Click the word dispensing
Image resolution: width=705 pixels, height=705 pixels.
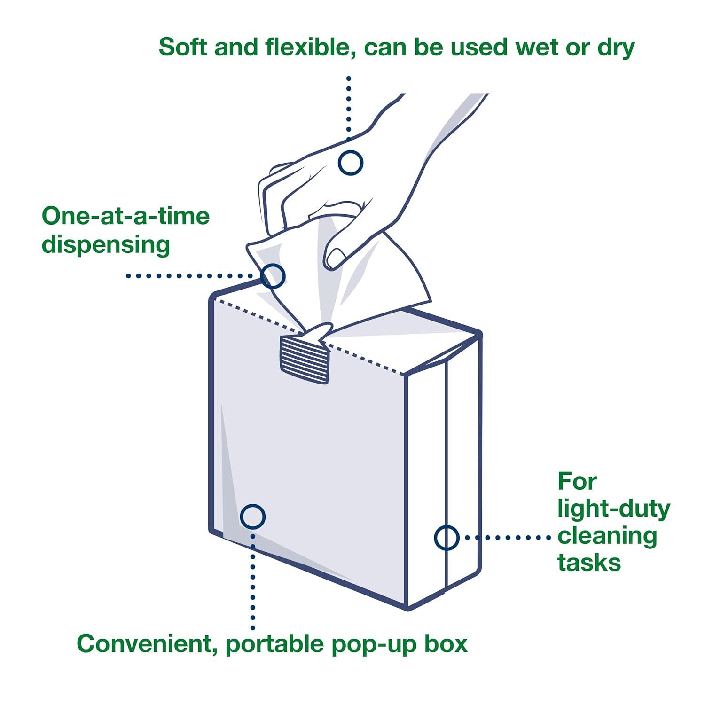coord(106,245)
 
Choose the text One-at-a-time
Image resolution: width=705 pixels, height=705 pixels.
coord(125,216)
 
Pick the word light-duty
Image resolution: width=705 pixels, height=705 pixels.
coord(613,509)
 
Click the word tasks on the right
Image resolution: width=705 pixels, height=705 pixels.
coord(589,563)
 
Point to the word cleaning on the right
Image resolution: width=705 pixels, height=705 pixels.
coord(607,536)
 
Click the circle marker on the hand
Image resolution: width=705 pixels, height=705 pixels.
coord(350,163)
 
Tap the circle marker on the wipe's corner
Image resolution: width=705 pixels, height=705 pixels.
coord(273,275)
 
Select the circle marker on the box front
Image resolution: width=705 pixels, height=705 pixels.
coord(252,517)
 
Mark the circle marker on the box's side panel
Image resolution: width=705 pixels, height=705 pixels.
coord(446,537)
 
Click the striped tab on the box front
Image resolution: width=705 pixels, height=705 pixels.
coord(304,360)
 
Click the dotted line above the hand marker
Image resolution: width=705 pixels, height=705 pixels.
coord(348,108)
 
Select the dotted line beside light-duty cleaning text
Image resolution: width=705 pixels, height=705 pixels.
coord(508,537)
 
